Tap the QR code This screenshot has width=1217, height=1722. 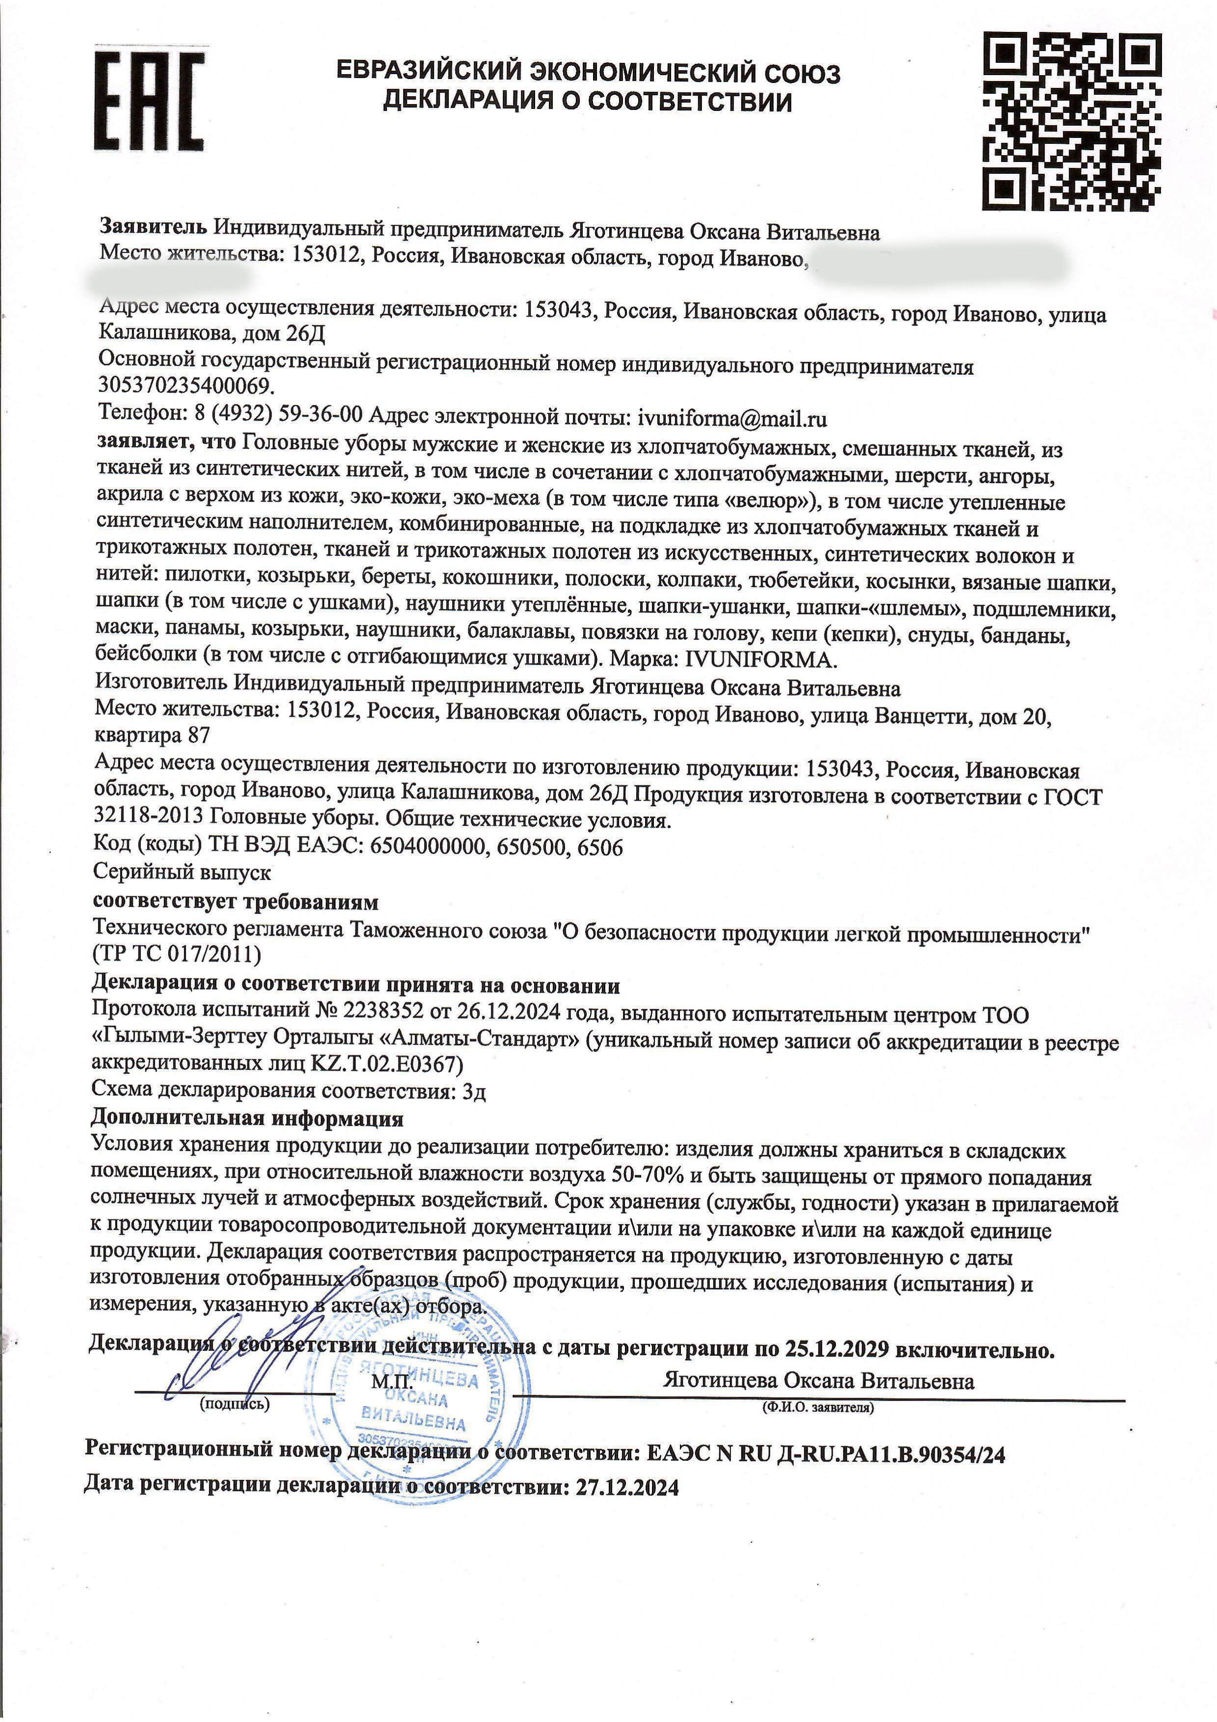1072,121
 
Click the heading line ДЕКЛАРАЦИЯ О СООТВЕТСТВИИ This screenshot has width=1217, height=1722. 587,101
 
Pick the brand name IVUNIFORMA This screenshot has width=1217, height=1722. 759,661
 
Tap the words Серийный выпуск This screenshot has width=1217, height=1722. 182,872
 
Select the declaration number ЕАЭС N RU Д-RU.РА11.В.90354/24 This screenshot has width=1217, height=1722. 825,1455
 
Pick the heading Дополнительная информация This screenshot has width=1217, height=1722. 247,1118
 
